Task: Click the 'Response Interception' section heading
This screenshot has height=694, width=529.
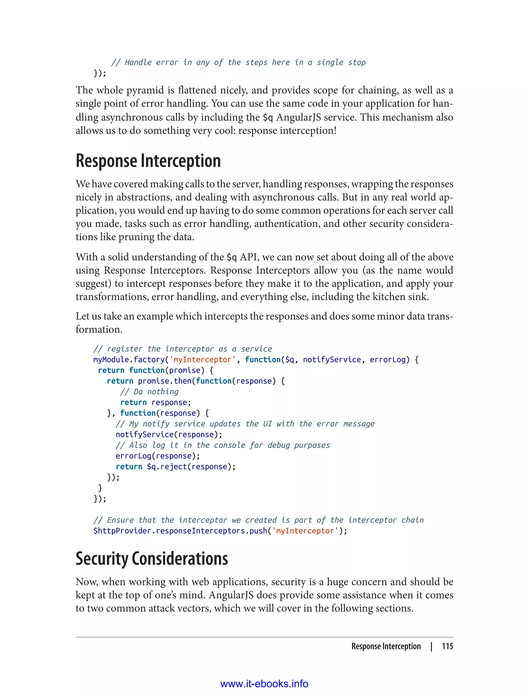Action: click(x=148, y=161)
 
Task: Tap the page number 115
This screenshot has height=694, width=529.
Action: click(x=447, y=646)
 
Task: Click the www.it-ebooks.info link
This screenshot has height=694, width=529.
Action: click(x=264, y=684)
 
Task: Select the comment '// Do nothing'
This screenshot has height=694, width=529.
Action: click(x=149, y=392)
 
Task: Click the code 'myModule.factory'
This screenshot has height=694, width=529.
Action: click(x=129, y=359)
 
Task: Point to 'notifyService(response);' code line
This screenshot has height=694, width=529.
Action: click(x=169, y=435)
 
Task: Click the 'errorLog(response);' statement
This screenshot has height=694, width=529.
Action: click(x=158, y=456)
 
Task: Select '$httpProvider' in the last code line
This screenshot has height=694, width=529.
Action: click(x=122, y=531)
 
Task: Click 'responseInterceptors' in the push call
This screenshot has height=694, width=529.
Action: click(x=200, y=531)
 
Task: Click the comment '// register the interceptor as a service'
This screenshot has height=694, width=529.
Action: click(x=183, y=349)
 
